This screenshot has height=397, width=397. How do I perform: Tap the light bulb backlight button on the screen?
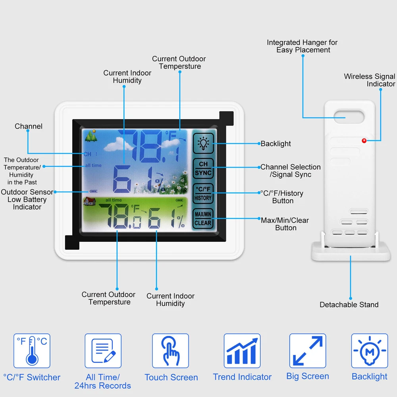[203, 143]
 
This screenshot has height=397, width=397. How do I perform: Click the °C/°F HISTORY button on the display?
[203, 193]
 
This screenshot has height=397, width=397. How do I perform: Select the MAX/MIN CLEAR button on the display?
[203, 218]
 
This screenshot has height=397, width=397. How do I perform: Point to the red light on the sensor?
[364, 141]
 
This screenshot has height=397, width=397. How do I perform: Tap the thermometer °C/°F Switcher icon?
[32, 351]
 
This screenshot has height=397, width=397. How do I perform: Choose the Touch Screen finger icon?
[171, 351]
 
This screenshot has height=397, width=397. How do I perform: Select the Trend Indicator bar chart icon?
[242, 351]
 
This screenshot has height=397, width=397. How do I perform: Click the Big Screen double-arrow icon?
[308, 351]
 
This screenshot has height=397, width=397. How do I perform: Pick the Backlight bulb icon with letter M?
[370, 351]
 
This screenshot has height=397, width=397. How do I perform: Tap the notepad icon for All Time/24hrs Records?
[103, 351]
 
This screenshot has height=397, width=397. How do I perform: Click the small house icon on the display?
[90, 201]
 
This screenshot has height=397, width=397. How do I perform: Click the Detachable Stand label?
[349, 304]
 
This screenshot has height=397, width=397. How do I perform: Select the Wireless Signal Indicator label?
[369, 80]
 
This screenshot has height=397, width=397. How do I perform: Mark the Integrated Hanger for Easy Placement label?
[302, 46]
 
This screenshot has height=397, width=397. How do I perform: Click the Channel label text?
[28, 126]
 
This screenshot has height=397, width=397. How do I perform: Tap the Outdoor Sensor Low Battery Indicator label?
[27, 199]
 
